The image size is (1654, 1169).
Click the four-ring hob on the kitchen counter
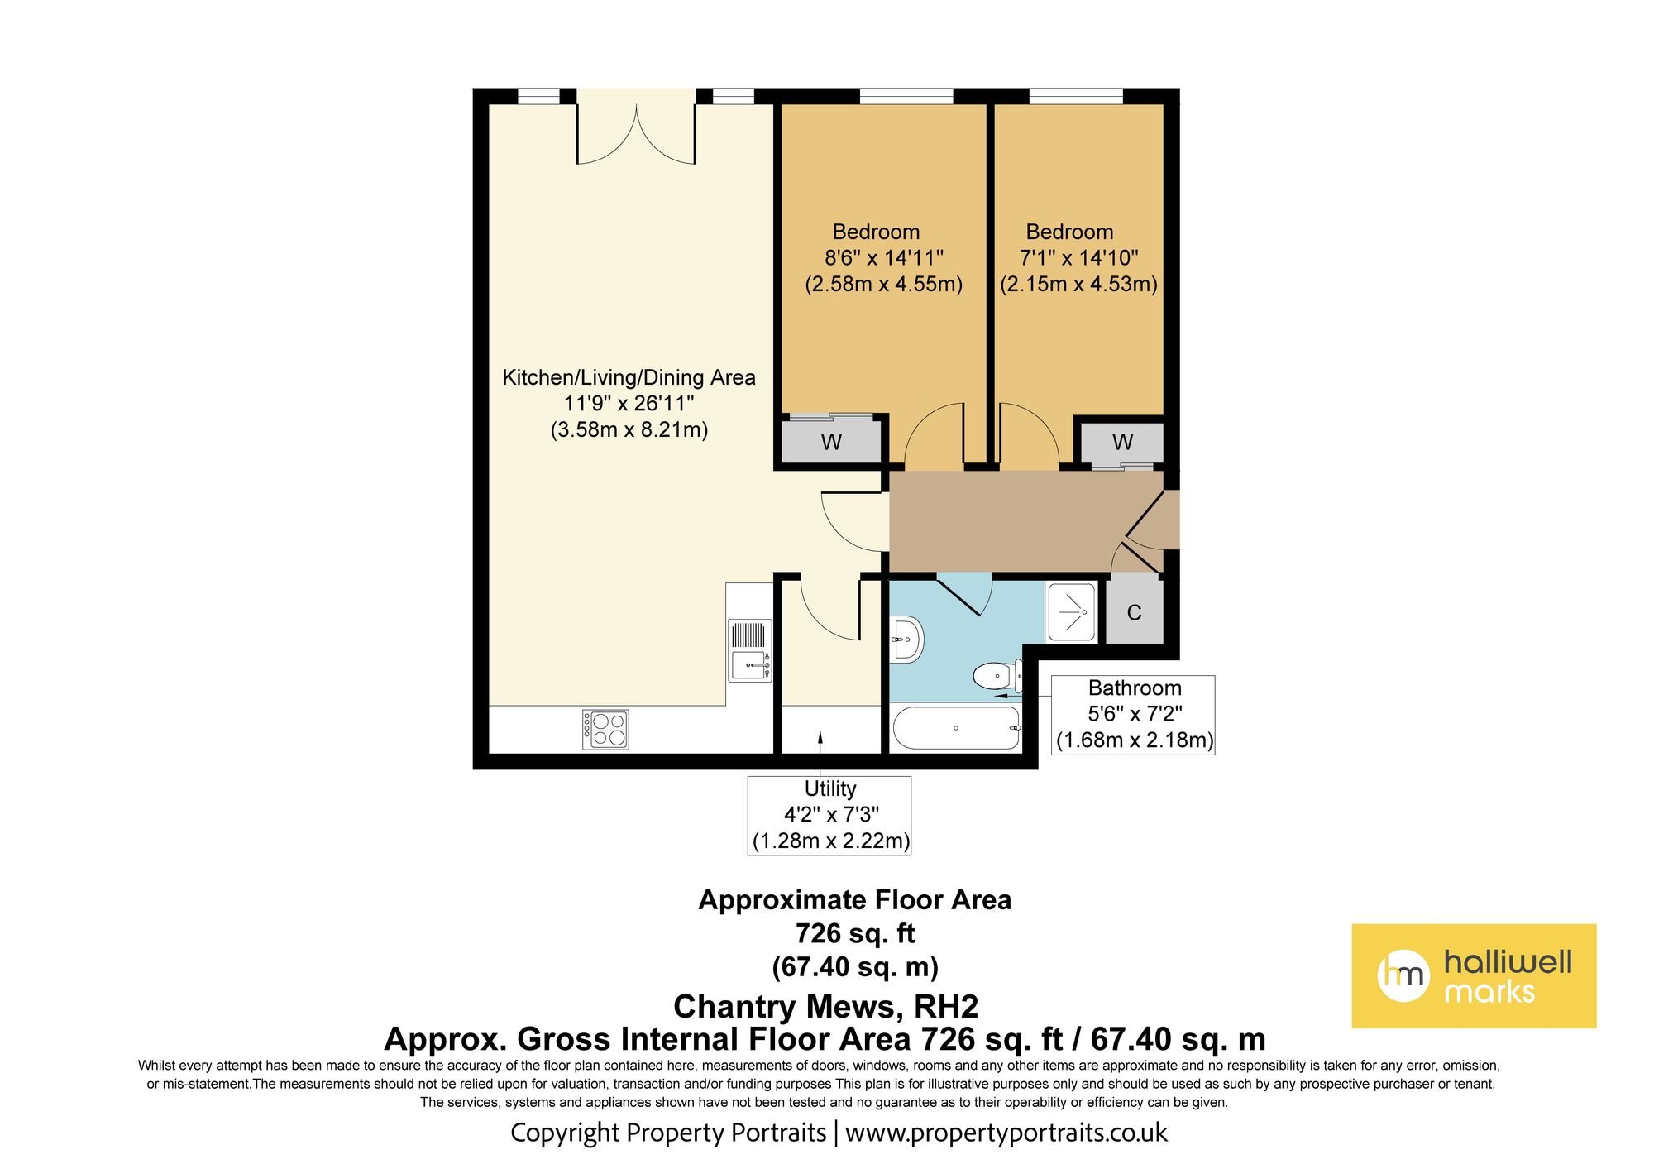605,729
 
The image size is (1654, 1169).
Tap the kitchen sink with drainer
750,650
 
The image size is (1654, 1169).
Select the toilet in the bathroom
998,676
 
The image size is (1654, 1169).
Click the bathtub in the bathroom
956,728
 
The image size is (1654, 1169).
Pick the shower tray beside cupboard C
1072,612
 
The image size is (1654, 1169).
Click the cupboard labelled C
1135,612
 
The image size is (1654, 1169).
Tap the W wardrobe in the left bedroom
831,442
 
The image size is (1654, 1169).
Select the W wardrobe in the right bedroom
1122,442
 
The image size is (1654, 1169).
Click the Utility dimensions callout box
829,815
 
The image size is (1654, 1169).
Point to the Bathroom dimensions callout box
1134,715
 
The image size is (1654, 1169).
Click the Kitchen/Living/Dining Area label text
629,377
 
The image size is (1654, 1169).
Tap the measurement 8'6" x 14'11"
883,258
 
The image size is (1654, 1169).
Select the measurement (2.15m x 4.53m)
1078,284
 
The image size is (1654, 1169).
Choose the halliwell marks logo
1474,975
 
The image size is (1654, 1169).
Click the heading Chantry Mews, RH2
825,1006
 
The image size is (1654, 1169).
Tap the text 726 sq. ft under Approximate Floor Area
855,933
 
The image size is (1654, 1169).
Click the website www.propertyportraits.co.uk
1006,1133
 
